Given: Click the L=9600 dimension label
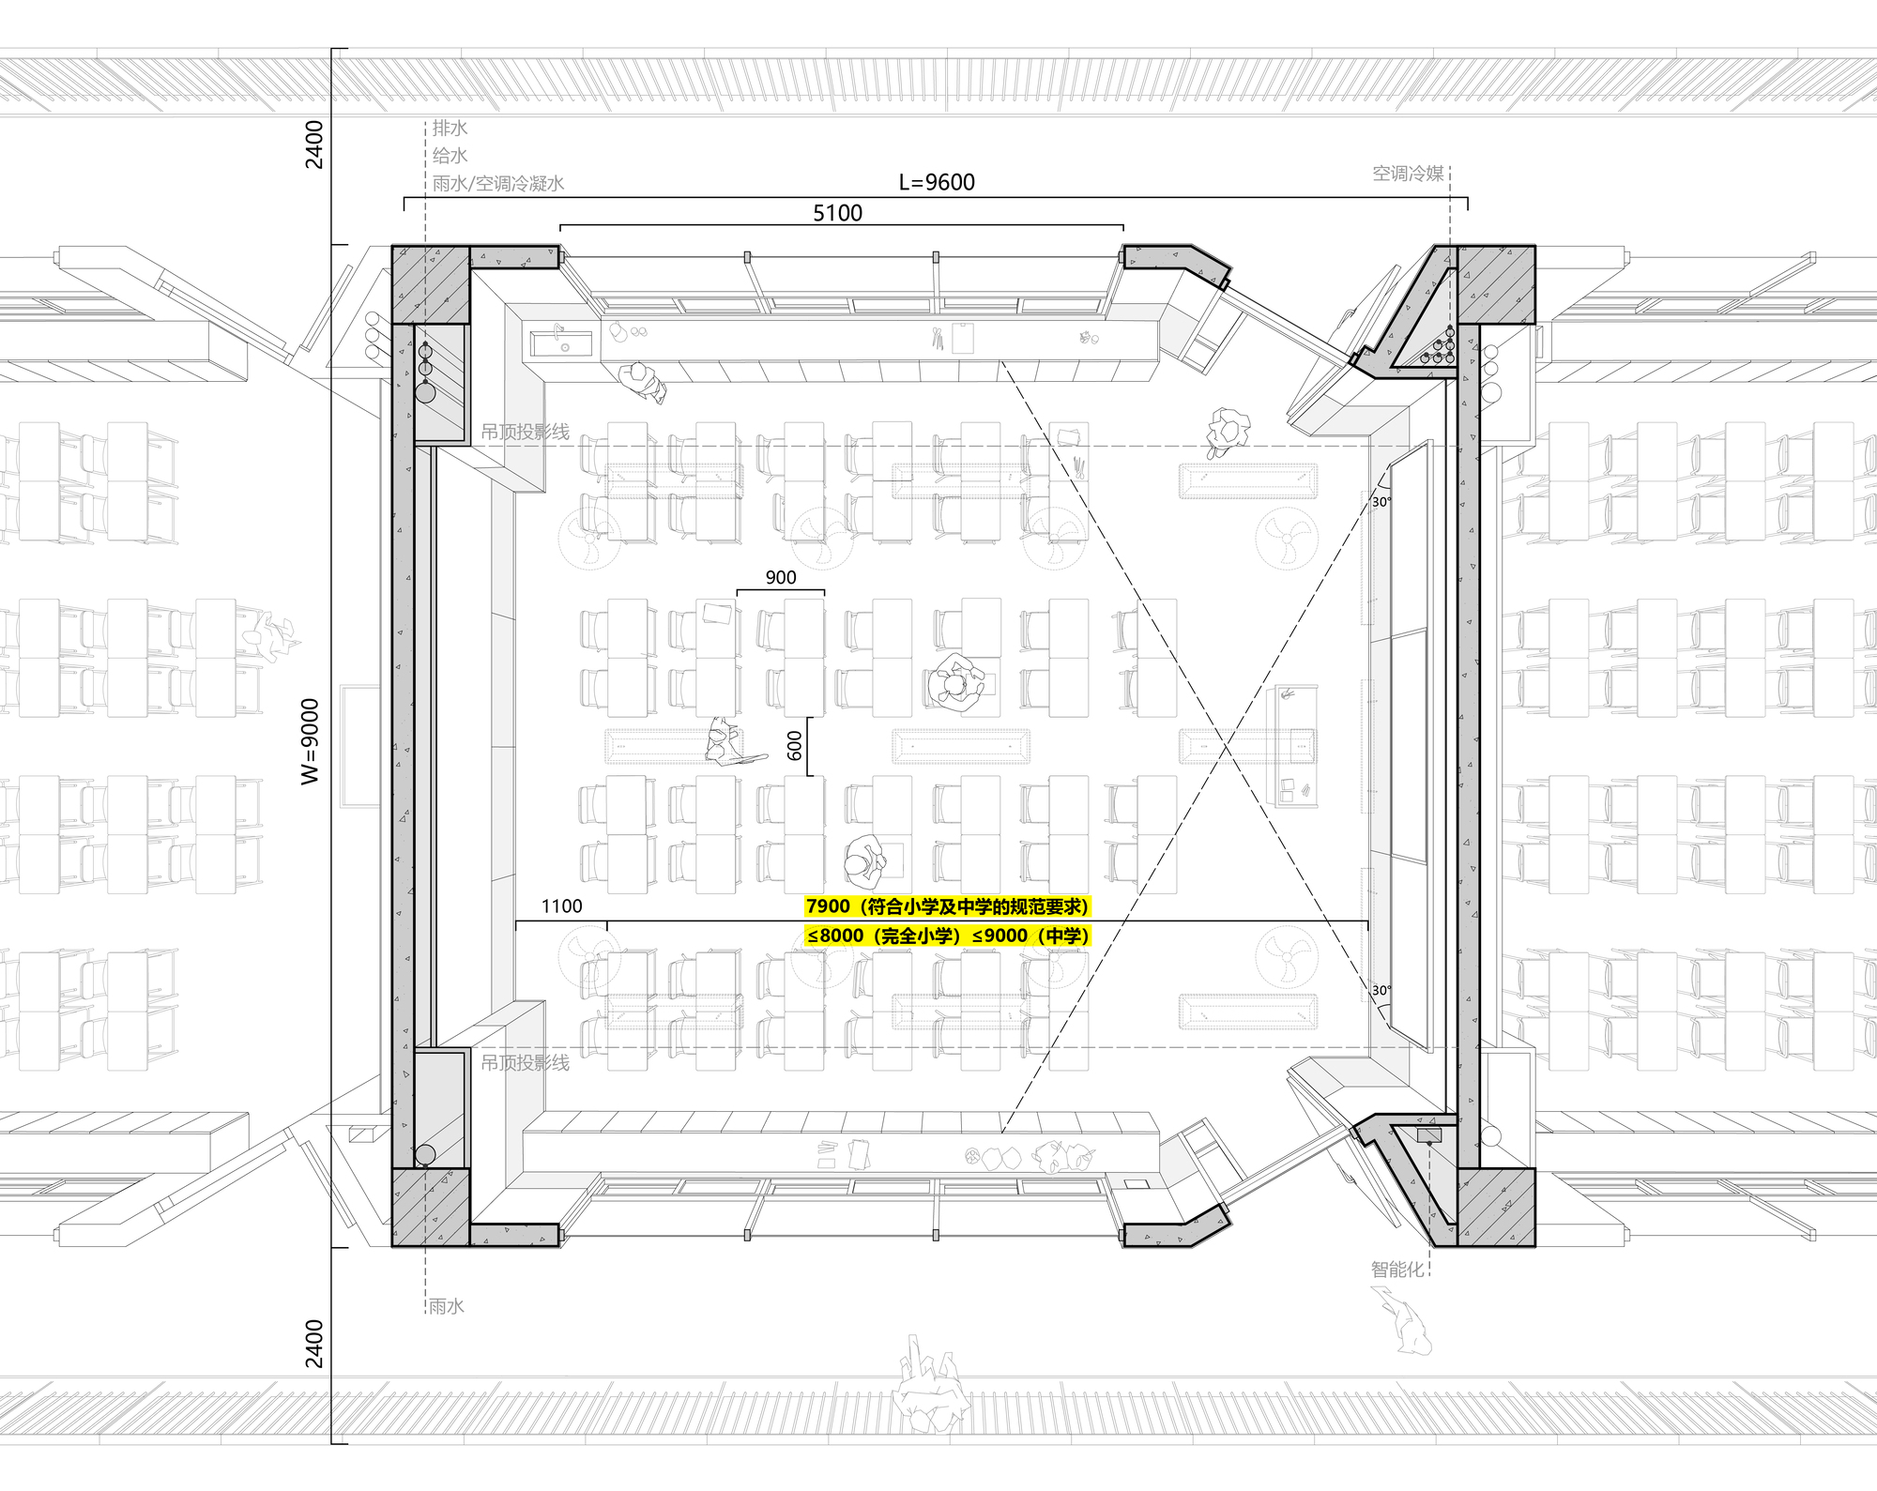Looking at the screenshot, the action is point(937,182).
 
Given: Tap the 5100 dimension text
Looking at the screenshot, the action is point(837,213).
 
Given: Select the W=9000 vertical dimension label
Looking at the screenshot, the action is point(311,741).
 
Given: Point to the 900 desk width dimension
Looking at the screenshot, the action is point(781,578).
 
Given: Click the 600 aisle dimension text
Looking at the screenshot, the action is point(795,746).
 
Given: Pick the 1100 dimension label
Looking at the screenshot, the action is point(561,906).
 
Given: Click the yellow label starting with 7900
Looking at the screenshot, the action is point(948,906).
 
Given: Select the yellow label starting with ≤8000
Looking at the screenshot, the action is point(948,936).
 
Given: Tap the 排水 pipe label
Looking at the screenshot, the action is point(450,128).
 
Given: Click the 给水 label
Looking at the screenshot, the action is point(450,156).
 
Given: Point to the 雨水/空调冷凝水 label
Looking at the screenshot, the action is point(498,183).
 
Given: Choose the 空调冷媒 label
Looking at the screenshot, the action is point(1408,173).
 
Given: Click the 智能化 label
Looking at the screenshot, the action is point(1397,1270).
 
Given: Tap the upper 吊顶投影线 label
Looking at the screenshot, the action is point(525,432).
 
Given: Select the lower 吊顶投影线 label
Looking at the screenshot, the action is point(525,1063).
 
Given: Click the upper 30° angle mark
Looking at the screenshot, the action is point(1381,502).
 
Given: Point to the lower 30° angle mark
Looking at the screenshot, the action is point(1381,990).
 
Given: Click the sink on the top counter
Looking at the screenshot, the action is point(561,342).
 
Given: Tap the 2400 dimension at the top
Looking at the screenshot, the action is point(314,145).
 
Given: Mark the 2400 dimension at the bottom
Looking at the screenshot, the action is point(314,1344).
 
